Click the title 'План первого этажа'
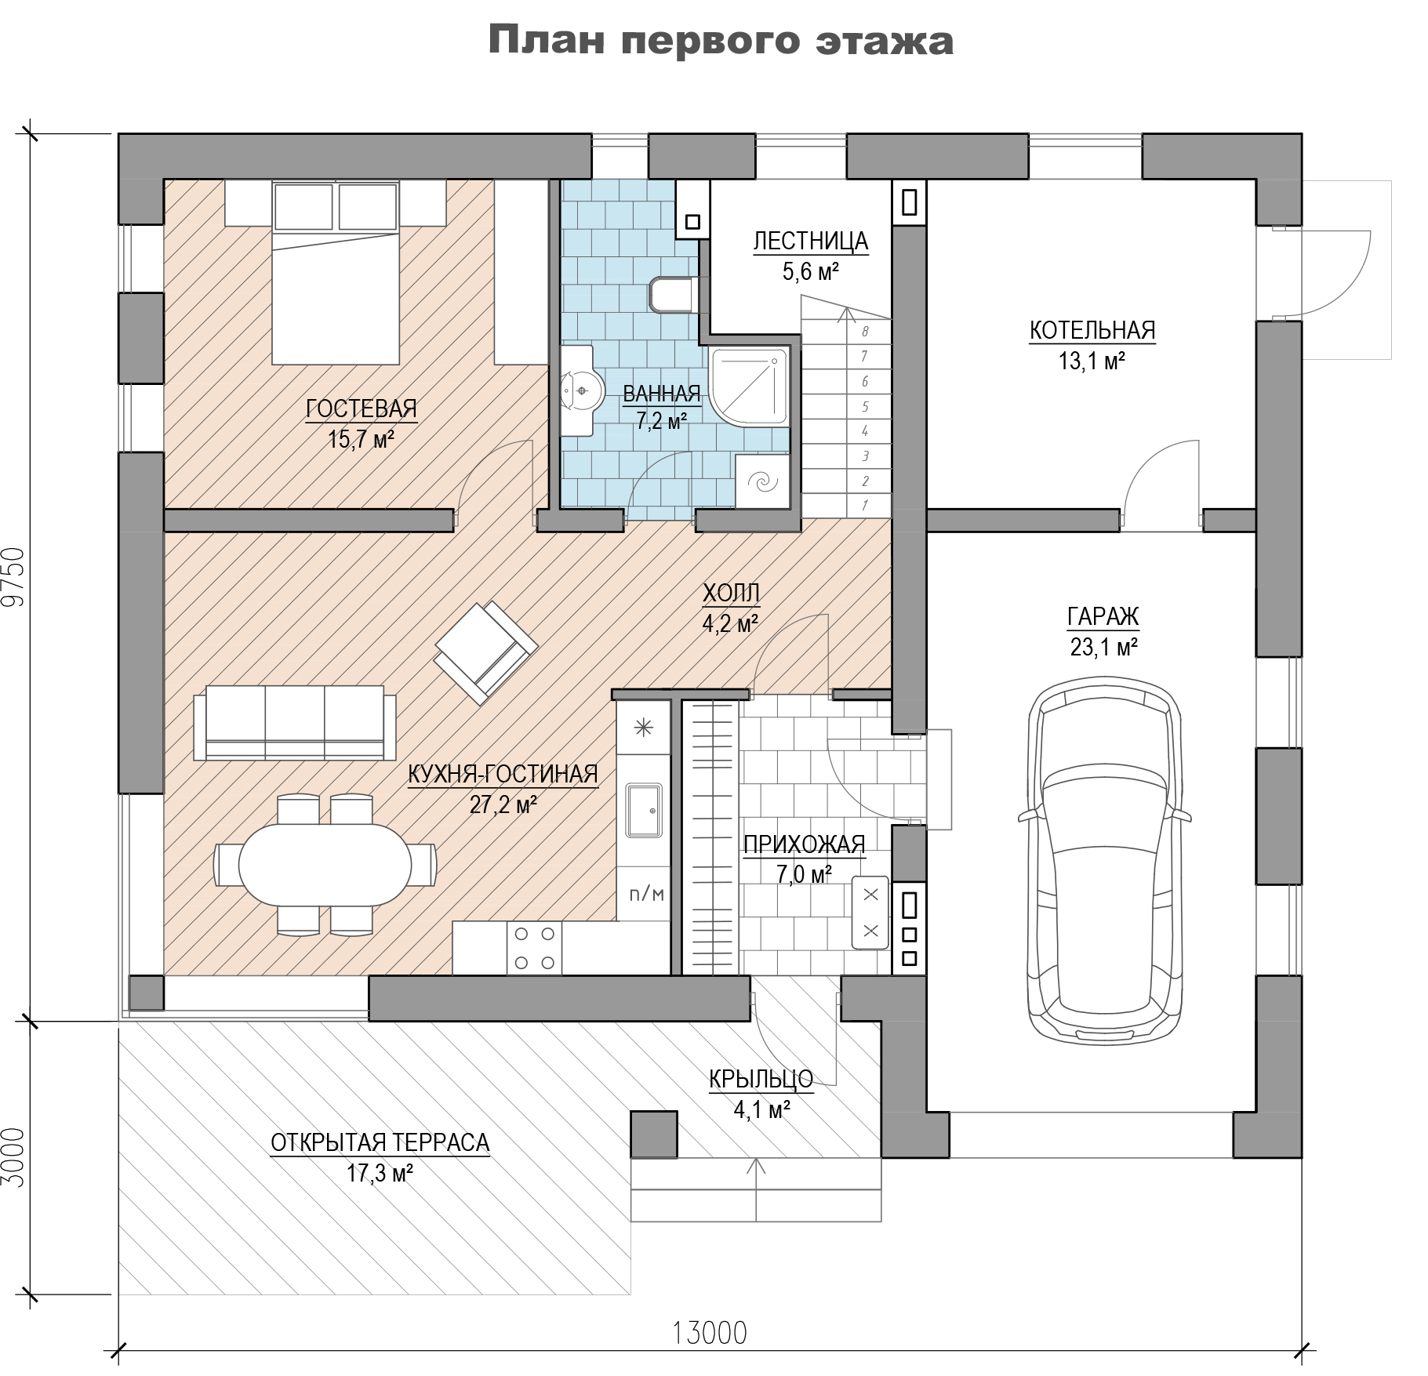point(720,40)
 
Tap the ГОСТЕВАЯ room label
point(362,408)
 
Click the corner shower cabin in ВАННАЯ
point(748,388)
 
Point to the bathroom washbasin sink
point(581,390)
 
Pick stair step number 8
point(865,332)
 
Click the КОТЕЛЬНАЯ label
point(1092,331)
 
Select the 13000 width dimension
point(710,1332)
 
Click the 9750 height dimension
point(14,577)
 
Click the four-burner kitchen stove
point(534,948)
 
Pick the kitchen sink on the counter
point(643,809)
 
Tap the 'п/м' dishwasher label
point(646,893)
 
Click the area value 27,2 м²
point(503,804)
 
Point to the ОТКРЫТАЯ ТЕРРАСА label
point(380,1142)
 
